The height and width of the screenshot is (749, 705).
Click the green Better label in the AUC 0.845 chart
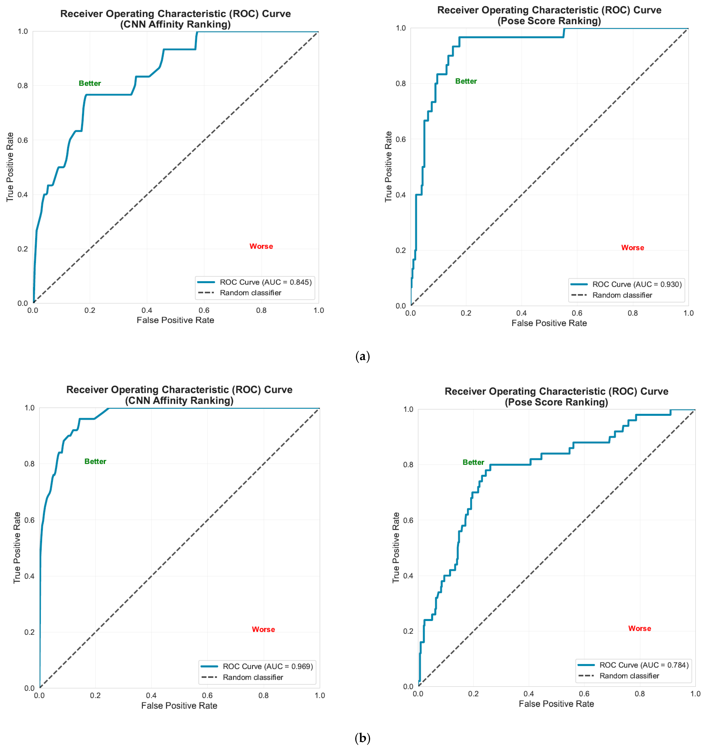[x=90, y=83]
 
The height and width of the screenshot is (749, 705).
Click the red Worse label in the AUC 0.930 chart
[x=633, y=248]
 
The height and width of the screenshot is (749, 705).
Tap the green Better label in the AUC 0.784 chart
[x=473, y=462]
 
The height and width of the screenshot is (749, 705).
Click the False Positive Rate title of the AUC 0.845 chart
[x=175, y=320]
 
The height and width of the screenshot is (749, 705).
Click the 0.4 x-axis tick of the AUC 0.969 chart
[x=151, y=695]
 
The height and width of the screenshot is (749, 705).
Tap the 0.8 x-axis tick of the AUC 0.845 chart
[x=261, y=310]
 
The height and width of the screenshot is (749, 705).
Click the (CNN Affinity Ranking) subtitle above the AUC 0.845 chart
[x=175, y=24]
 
